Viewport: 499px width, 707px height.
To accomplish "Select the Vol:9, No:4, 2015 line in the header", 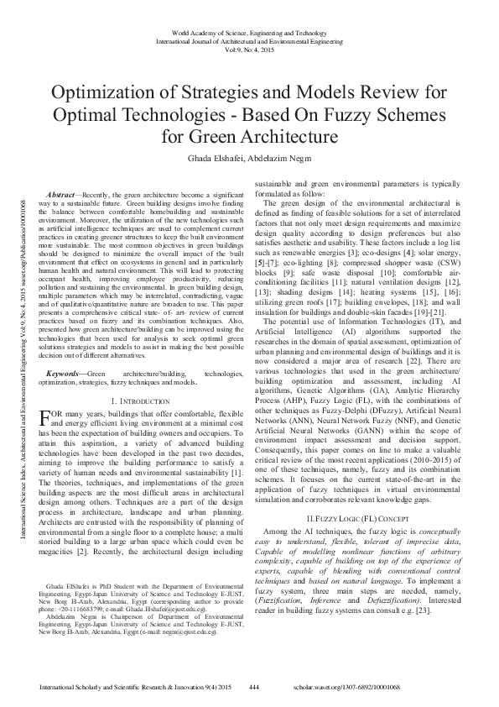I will [x=249, y=50].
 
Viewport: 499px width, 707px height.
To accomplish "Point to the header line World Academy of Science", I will [x=249, y=31].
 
